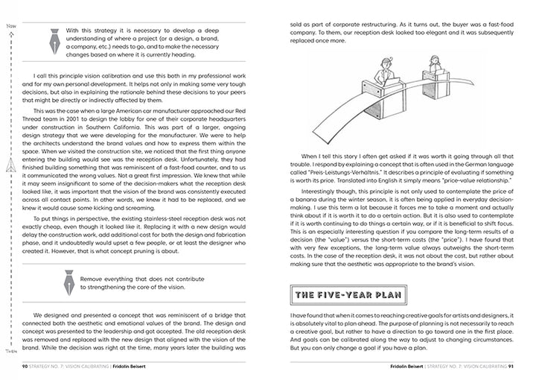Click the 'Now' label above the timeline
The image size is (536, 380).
point(10,26)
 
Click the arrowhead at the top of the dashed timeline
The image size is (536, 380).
point(10,34)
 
